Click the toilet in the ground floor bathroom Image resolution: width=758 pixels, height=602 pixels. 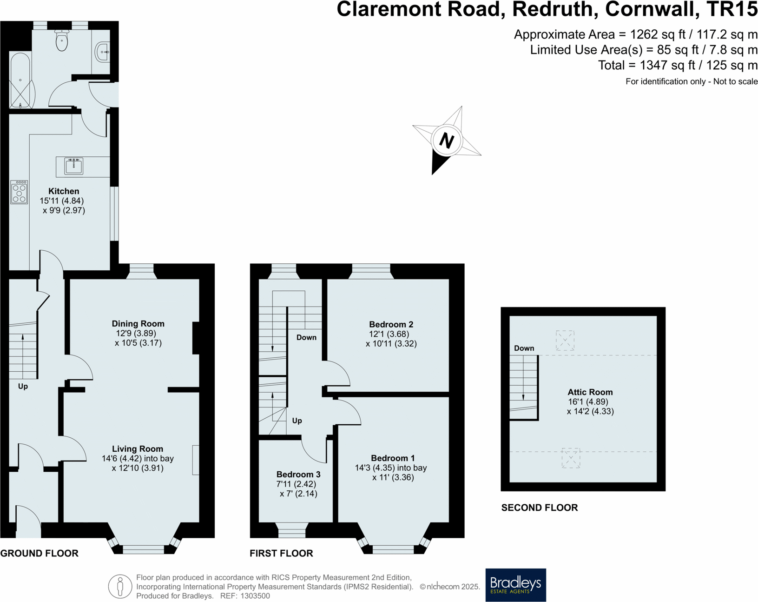(x=62, y=40)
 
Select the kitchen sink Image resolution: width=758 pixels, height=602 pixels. (x=74, y=166)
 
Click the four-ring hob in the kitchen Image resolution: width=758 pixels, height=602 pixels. (x=19, y=192)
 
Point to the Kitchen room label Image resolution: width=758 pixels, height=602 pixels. (x=64, y=191)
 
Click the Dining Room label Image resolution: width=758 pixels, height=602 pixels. (x=138, y=324)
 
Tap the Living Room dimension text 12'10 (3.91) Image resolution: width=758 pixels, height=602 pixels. (x=138, y=468)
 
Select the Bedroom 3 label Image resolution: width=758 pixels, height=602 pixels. (x=298, y=475)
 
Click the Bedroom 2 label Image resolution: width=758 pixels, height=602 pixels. (x=391, y=324)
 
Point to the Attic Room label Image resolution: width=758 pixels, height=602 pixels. (x=590, y=392)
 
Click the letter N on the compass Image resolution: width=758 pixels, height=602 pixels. (x=447, y=140)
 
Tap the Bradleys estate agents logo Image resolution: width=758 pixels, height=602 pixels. (x=515, y=585)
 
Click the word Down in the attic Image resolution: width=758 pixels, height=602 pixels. (x=524, y=348)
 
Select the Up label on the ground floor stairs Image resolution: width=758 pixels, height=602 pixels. (x=23, y=386)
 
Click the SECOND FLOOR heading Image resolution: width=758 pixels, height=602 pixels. (x=539, y=508)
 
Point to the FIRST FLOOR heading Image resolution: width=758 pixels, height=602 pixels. (x=281, y=553)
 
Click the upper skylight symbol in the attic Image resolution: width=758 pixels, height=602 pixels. (x=565, y=341)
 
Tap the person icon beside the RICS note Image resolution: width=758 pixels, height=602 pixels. (x=120, y=586)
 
